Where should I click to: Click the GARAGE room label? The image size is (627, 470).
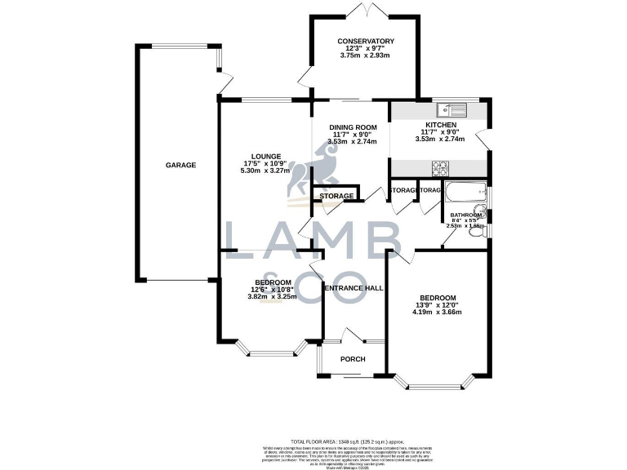point(181,166)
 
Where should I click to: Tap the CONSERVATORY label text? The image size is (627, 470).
point(366,41)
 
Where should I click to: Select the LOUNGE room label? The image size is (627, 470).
point(266,157)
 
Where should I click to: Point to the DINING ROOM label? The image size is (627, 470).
point(353,126)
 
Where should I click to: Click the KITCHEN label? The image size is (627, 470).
point(440,125)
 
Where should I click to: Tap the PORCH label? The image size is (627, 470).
point(353,360)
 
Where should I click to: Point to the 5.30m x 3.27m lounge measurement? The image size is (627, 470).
point(266,171)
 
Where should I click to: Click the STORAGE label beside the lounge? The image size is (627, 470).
point(336,197)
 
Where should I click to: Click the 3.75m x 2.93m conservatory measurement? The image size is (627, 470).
point(366,56)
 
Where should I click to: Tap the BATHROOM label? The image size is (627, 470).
point(466,215)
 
